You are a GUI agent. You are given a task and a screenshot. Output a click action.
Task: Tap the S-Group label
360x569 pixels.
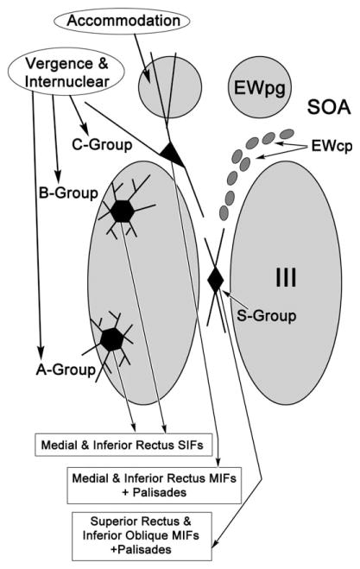pyautogui.click(x=266, y=315)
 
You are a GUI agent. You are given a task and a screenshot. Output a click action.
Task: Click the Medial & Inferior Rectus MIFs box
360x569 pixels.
pyautogui.click(x=143, y=483)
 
